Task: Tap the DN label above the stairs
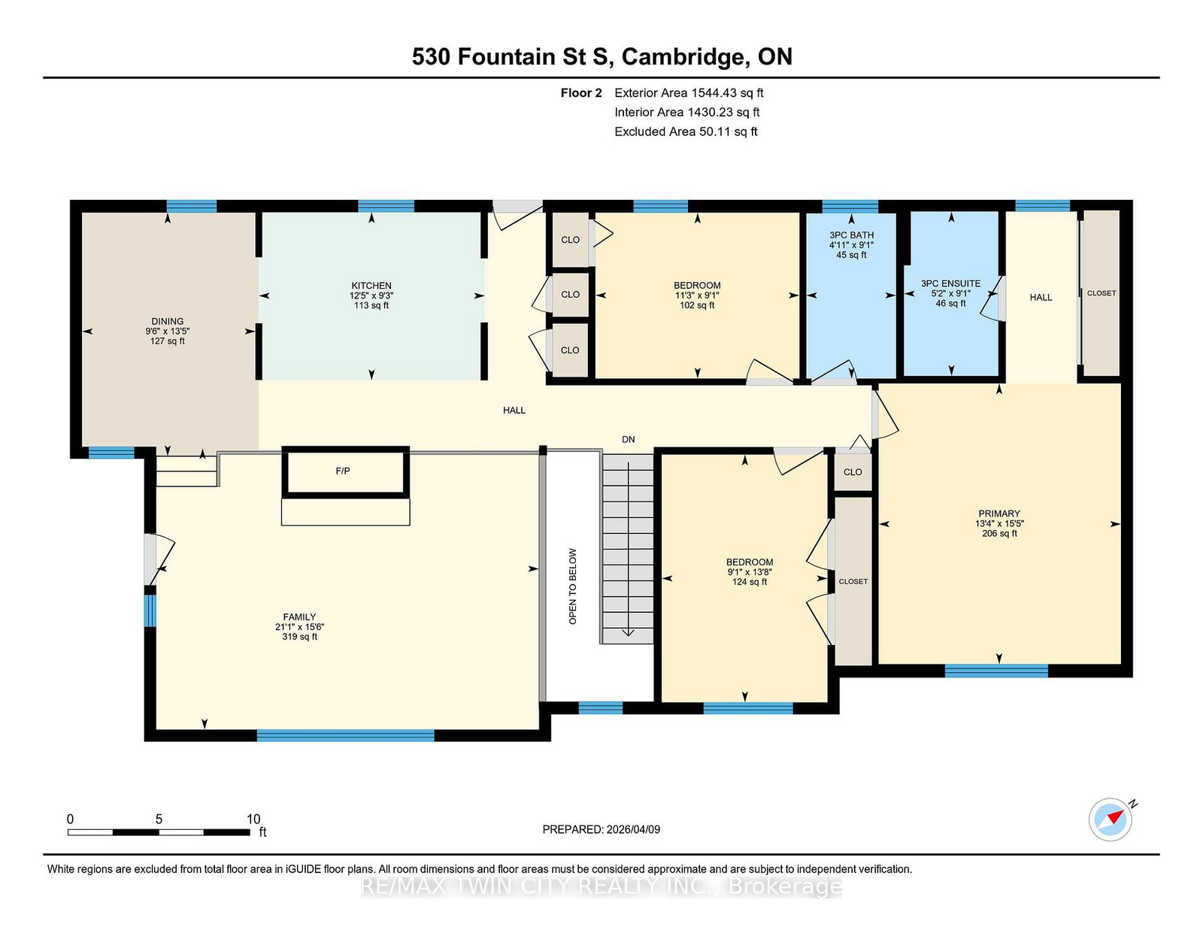[x=629, y=439]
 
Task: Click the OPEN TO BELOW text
[x=573, y=586]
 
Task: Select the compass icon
[x=1110, y=819]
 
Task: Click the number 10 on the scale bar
[x=253, y=819]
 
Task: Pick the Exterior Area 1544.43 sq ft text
[x=689, y=93]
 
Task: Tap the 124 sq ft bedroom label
[x=750, y=572]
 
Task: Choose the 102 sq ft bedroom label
[x=697, y=295]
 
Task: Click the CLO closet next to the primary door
[x=853, y=472]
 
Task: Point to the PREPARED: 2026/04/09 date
[x=601, y=829]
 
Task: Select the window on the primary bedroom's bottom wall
[x=995, y=671]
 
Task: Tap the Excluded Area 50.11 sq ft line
[x=686, y=132]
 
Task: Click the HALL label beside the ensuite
[x=1041, y=297]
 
